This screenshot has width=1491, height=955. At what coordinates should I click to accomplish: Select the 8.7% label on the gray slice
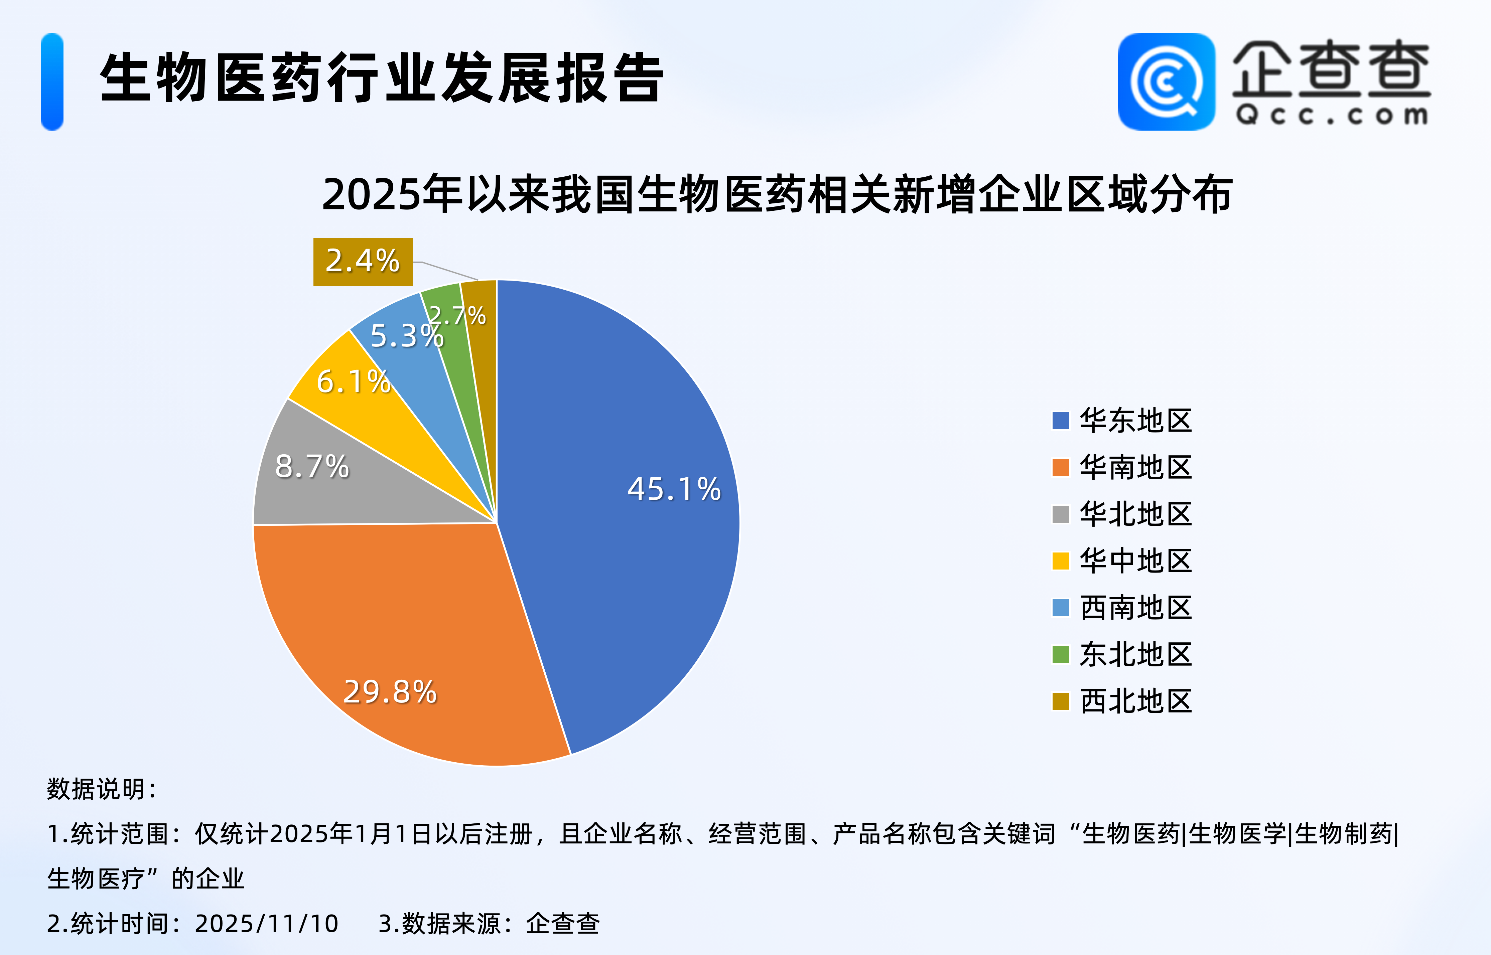point(312,466)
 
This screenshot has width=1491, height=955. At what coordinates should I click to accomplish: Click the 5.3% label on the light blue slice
point(407,336)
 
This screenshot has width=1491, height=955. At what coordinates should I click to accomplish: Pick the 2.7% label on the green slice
point(458,316)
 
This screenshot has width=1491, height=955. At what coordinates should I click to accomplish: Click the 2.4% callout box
point(363,262)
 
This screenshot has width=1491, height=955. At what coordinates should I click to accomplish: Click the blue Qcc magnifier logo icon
point(1166,82)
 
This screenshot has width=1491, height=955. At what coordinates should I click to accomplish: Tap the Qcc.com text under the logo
point(1332,115)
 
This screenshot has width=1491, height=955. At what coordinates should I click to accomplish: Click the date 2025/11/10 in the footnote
point(267,923)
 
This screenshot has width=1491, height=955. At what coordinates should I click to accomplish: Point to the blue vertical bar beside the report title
point(52,82)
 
